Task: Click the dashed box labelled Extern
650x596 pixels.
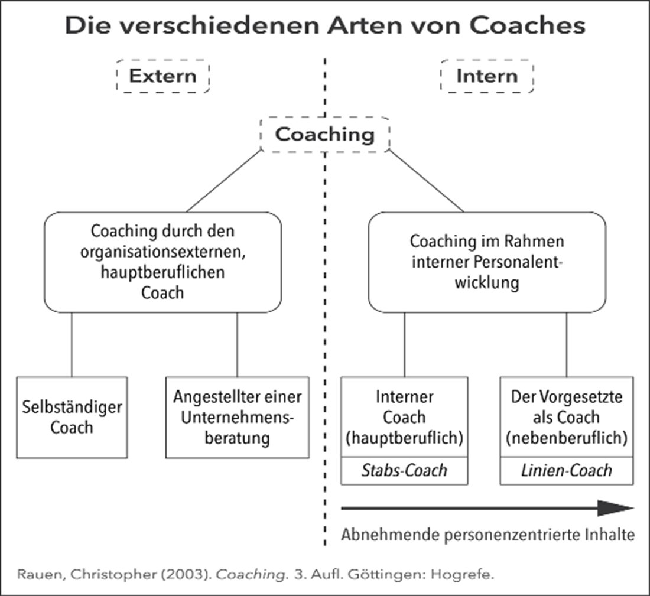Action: coord(162,77)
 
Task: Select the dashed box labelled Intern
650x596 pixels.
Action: coord(487,77)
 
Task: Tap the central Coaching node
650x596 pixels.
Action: coord(325,135)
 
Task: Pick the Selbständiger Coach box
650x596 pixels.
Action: coord(71,417)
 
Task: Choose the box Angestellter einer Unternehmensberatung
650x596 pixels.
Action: coord(237,417)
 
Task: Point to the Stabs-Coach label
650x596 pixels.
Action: coord(404,471)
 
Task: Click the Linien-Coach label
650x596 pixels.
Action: coord(567,471)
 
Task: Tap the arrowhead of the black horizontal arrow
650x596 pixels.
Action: coord(615,508)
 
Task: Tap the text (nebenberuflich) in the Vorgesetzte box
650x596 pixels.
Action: coord(567,438)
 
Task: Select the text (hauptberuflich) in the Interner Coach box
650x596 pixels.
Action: coord(404,438)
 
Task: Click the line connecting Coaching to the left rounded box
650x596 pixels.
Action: coord(225,180)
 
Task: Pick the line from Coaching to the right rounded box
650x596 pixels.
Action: coord(425,180)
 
